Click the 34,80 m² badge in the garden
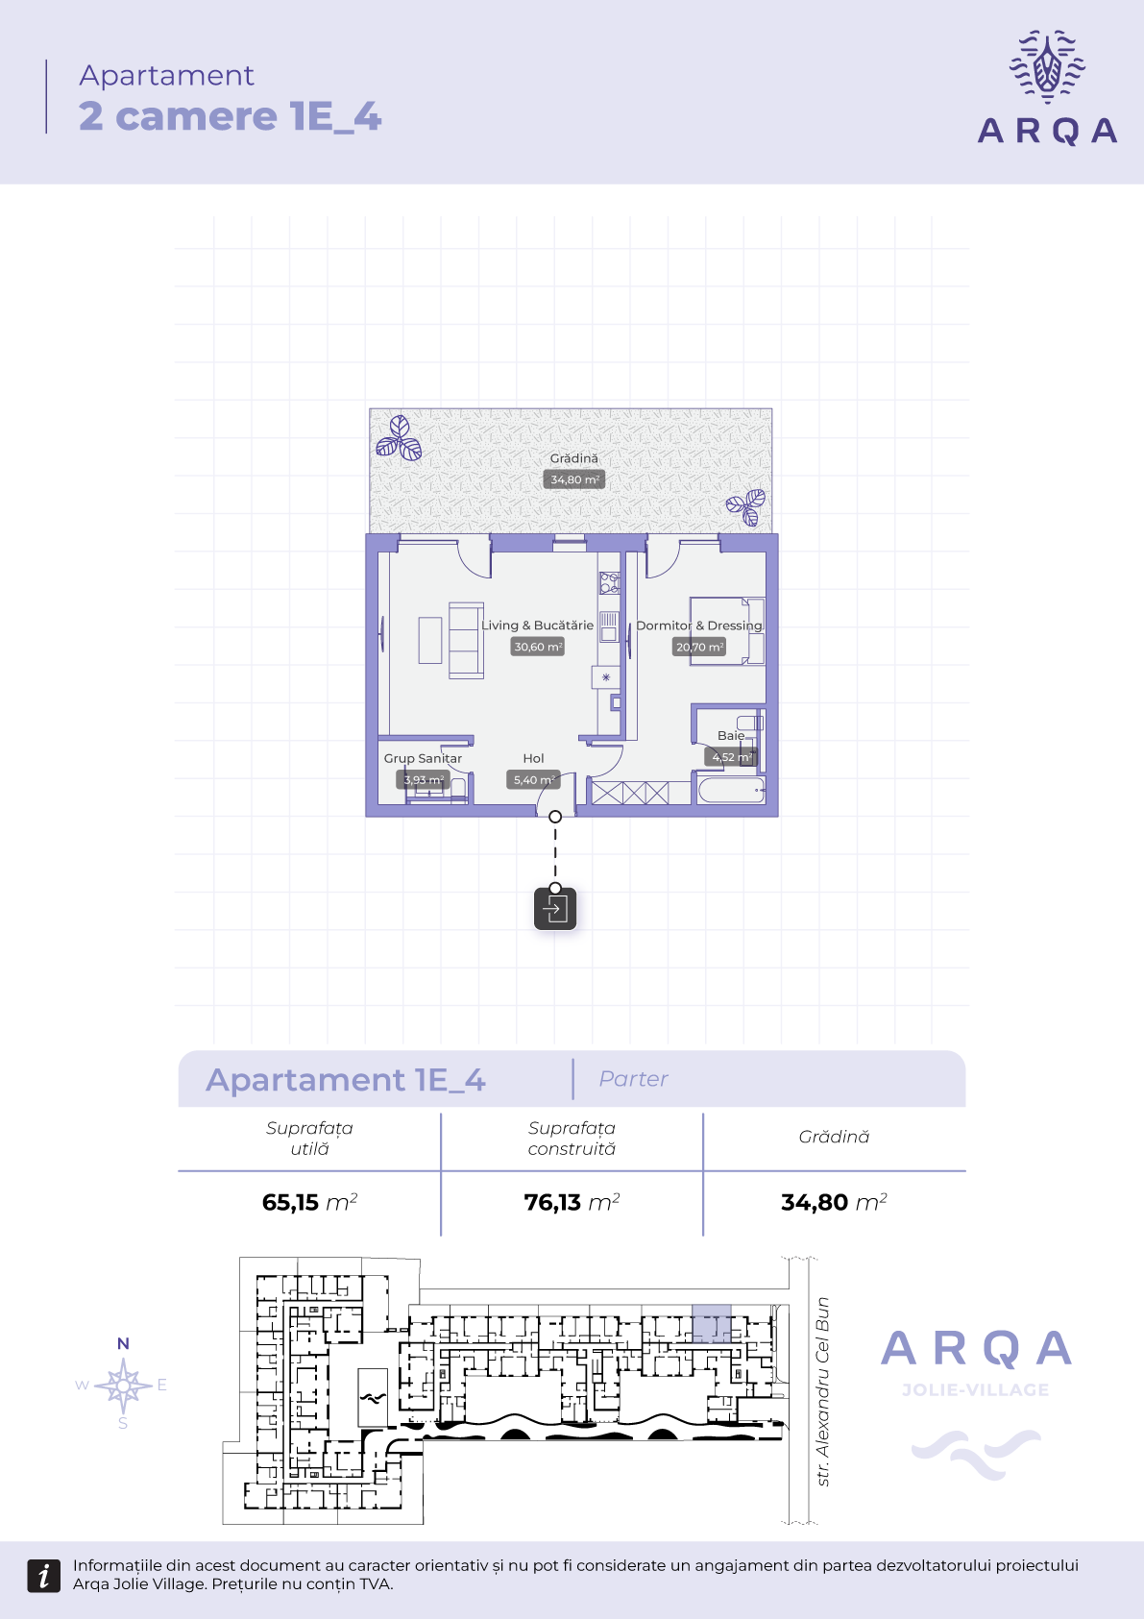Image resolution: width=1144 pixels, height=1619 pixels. pyautogui.click(x=573, y=479)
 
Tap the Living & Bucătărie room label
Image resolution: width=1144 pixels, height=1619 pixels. pyautogui.click(x=537, y=626)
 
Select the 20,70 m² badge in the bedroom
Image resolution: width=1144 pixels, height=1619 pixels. pyautogui.click(x=699, y=647)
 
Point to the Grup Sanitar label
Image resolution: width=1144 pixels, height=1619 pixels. pyautogui.click(x=423, y=758)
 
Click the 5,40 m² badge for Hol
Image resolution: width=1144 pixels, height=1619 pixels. pyautogui.click(x=533, y=780)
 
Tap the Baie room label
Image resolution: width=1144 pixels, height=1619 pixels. pyautogui.click(x=731, y=735)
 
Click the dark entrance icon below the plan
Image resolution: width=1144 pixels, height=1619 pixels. pyautogui.click(x=555, y=909)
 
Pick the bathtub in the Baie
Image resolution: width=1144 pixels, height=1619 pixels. pyautogui.click(x=731, y=790)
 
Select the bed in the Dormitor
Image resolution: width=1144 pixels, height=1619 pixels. pyautogui.click(x=727, y=631)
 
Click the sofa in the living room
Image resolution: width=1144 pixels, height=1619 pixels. pyautogui.click(x=466, y=640)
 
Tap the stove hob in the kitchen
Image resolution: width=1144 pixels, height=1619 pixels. pyautogui.click(x=609, y=582)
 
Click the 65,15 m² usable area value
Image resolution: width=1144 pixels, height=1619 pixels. pyautogui.click(x=309, y=1202)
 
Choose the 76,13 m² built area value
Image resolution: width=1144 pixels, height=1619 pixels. pyautogui.click(x=572, y=1202)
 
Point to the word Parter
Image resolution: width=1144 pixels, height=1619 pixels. pyautogui.click(x=633, y=1078)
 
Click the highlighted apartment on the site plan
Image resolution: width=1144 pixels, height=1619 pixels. pyautogui.click(x=711, y=1324)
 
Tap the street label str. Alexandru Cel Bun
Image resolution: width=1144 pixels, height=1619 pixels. pyautogui.click(x=822, y=1392)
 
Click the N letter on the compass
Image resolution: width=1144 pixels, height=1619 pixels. pyautogui.click(x=123, y=1343)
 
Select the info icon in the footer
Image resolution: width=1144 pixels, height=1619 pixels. pyautogui.click(x=43, y=1576)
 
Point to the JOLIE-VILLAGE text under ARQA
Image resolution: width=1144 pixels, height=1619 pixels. pyautogui.click(x=976, y=1389)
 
